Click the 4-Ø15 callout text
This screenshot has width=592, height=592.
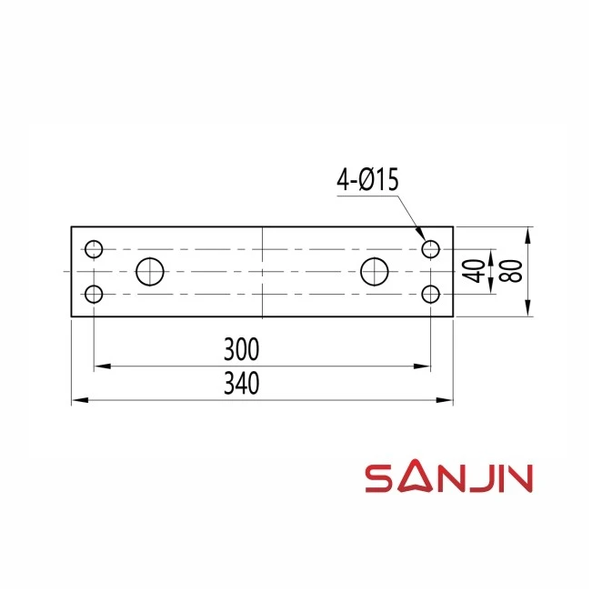367,180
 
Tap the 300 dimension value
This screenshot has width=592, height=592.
242,349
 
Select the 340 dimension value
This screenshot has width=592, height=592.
242,383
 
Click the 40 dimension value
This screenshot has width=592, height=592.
474,271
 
